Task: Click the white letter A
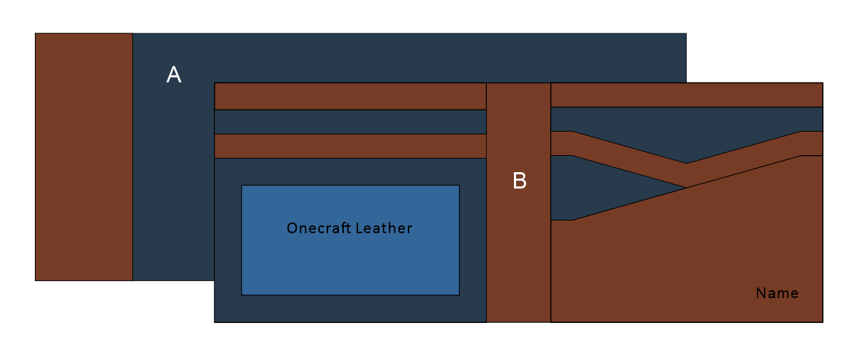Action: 174,75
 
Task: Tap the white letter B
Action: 520,181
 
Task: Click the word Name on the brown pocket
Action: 777,293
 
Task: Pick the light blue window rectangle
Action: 350,263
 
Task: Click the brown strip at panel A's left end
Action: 84,157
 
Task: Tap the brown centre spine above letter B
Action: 518,121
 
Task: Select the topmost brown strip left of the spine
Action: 350,96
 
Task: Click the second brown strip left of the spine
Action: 350,146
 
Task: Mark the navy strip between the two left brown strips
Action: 350,122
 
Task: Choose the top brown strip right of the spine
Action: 687,95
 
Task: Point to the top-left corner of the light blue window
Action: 242,186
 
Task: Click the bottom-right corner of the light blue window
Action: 459,295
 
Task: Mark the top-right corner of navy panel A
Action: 685,33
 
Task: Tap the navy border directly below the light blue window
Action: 350,309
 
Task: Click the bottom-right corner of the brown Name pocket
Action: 822,322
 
